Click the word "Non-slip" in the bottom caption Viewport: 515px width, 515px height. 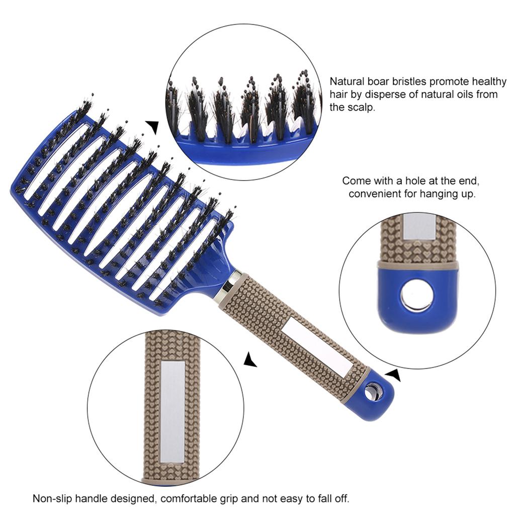51,499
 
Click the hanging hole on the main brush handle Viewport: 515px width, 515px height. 372,391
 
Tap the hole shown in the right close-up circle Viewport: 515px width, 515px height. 415,295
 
